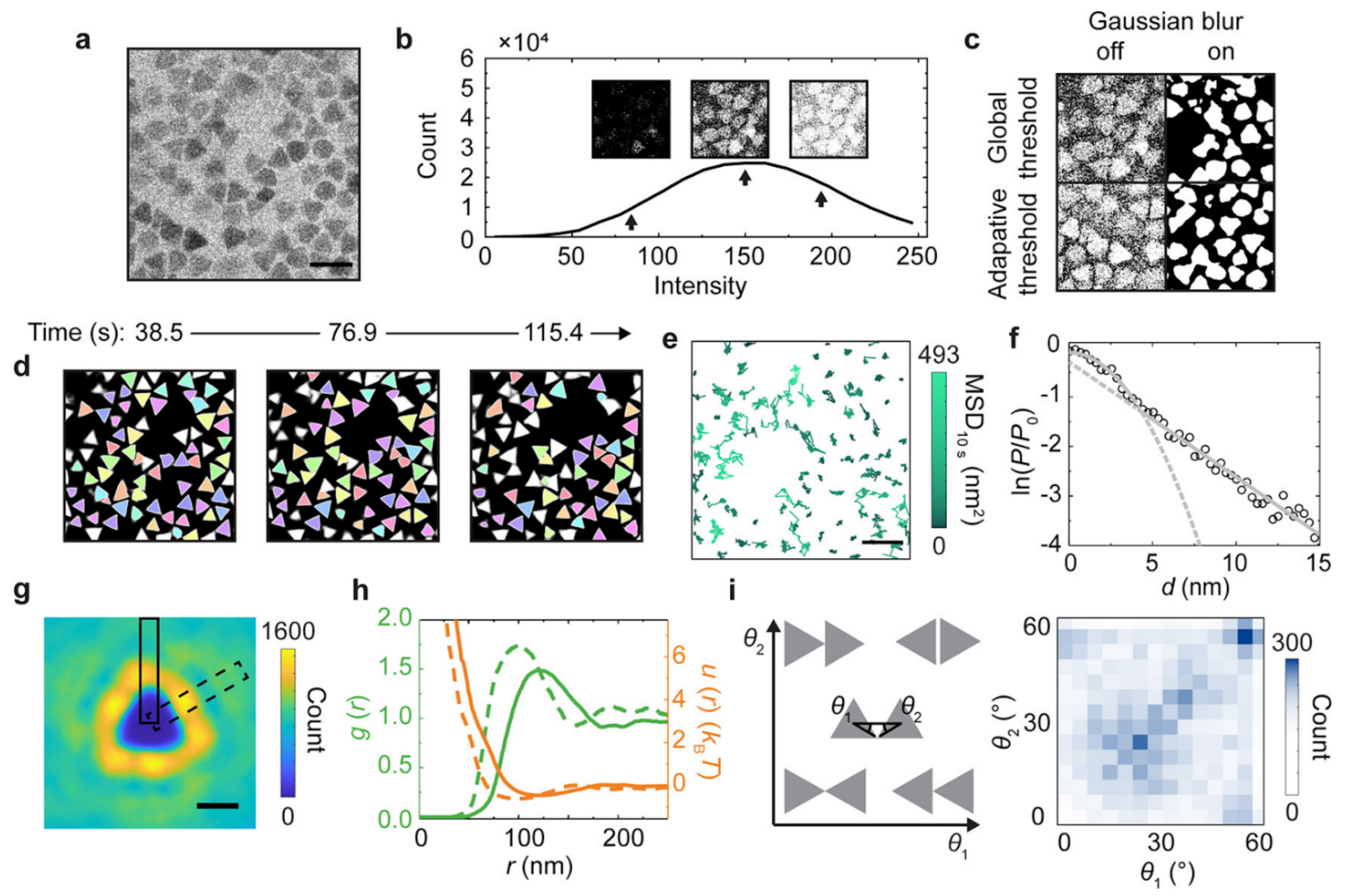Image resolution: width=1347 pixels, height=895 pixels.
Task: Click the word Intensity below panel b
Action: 700,286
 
